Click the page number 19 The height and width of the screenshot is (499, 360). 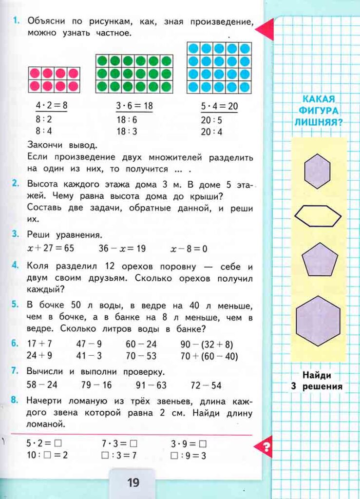(133, 482)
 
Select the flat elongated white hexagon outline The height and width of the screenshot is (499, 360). (318, 215)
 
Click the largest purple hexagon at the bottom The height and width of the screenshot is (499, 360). (318, 321)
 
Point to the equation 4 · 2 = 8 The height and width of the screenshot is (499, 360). (51, 105)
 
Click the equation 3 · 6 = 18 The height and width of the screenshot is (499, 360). (134, 105)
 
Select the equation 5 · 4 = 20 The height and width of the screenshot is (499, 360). (219, 105)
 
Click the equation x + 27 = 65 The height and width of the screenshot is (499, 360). (50, 249)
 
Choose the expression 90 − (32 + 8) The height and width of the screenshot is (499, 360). (207, 344)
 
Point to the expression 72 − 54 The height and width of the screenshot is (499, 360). (206, 385)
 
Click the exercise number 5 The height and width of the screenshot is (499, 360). (15, 305)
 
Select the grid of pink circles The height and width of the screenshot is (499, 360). (54, 79)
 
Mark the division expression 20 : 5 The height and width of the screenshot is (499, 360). (211, 120)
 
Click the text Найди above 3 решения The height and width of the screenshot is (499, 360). (317, 375)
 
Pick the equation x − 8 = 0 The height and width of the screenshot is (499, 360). (189, 249)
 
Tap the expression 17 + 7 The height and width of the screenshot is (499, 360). (39, 344)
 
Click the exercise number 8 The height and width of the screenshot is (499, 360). (15, 401)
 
